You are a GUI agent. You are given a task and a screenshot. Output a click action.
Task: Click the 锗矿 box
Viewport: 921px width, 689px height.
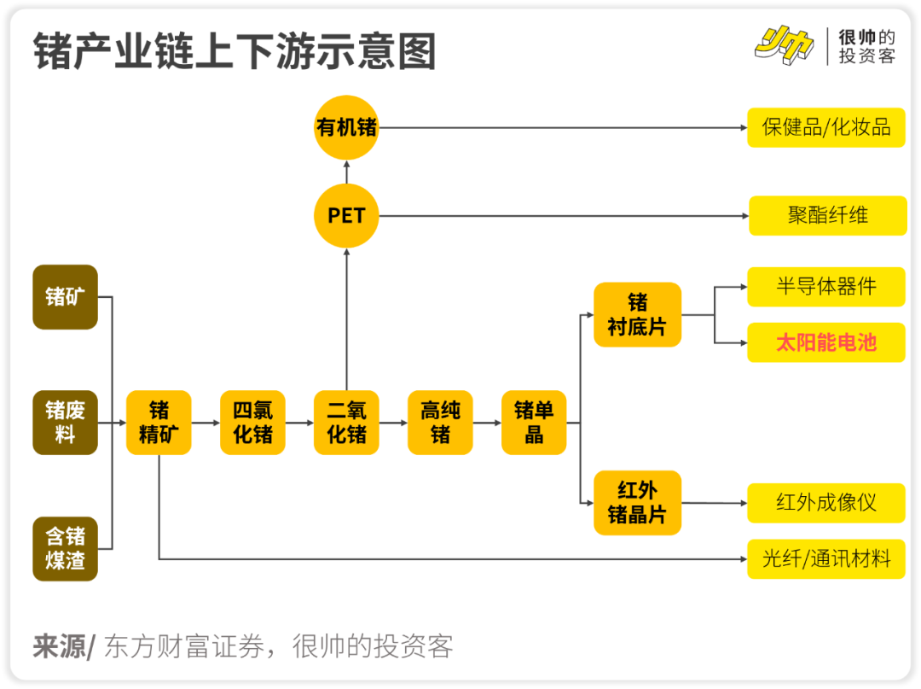[65, 297]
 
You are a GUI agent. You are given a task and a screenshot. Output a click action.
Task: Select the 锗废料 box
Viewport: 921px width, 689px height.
[65, 423]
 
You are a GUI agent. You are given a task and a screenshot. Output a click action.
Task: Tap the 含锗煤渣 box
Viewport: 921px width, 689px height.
[65, 548]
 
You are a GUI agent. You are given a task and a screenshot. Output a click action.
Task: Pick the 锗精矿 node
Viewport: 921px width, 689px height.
[159, 423]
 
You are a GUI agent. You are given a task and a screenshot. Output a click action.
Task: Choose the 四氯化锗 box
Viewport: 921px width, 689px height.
[252, 423]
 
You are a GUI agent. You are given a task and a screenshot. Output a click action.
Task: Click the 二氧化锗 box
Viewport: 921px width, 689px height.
[346, 423]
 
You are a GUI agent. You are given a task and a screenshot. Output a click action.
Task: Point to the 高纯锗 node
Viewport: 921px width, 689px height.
[440, 423]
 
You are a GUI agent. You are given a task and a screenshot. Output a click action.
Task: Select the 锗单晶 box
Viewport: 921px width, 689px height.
[534, 423]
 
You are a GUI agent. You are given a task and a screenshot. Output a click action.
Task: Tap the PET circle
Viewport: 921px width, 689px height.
[346, 215]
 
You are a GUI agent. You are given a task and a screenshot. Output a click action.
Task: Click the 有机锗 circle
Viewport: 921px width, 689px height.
[346, 128]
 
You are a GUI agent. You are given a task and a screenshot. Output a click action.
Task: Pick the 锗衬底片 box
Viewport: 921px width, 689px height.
[637, 314]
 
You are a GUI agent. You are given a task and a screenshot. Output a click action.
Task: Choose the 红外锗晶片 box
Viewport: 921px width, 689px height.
[637, 503]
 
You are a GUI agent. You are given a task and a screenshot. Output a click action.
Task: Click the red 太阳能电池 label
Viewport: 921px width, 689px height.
[825, 342]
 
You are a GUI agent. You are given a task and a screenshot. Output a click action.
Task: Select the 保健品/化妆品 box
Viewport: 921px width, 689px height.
[825, 128]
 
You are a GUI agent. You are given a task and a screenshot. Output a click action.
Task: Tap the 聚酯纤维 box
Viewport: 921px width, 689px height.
[827, 215]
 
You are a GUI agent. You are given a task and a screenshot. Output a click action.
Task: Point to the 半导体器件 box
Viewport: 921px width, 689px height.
[825, 286]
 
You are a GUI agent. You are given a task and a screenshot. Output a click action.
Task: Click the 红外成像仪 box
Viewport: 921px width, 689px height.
[825, 503]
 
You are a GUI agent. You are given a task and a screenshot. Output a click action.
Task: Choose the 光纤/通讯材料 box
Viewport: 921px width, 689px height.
[825, 559]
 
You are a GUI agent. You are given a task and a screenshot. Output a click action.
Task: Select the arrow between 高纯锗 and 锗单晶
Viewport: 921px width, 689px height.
[487, 423]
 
